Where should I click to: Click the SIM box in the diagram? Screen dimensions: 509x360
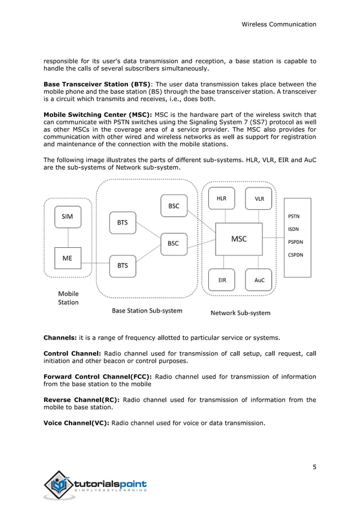(67, 216)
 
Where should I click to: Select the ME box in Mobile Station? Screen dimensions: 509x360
(67, 259)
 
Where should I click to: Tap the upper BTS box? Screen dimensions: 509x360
(122, 222)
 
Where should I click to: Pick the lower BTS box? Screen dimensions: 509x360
(122, 265)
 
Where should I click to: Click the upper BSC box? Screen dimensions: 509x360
(174, 206)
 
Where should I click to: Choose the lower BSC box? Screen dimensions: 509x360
(173, 244)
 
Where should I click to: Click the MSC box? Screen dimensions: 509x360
(239, 239)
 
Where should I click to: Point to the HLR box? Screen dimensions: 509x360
(222, 199)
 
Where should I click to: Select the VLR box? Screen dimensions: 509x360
(259, 199)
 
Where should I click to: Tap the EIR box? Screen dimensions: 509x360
(222, 280)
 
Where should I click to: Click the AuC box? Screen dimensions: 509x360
(259, 280)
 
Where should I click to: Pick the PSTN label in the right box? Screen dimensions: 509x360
(294, 216)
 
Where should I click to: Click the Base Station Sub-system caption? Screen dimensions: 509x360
(147, 310)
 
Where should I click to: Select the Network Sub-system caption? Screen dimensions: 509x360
(240, 313)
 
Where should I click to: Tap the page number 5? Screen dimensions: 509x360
(314, 467)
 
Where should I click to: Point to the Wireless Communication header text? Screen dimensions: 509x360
(279, 24)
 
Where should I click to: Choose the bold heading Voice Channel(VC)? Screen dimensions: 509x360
(77, 423)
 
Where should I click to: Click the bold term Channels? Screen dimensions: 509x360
(60, 338)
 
